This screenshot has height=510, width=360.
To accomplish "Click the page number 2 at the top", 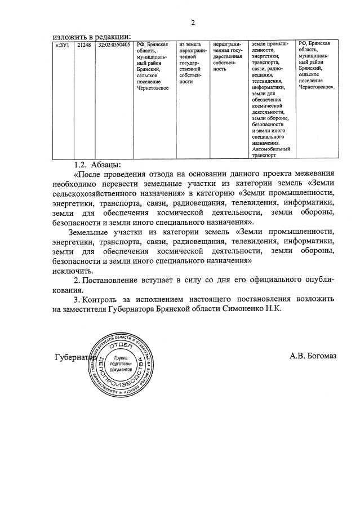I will tap(193, 23).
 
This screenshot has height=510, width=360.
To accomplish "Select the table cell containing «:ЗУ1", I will tap(61, 44).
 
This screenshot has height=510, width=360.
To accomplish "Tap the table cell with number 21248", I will tap(84, 44).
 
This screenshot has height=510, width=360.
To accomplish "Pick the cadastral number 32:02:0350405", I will tap(114, 44).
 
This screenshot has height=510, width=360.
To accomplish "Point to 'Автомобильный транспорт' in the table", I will tap(270, 152).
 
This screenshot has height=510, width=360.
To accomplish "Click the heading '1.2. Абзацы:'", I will tap(97, 165).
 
